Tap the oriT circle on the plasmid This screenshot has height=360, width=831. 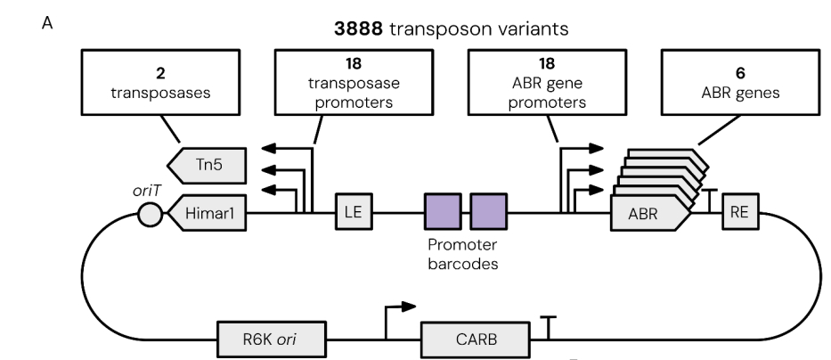151,214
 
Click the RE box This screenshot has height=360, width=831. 739,212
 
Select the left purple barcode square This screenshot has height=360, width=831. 442,213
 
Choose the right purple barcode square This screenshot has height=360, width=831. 488,213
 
